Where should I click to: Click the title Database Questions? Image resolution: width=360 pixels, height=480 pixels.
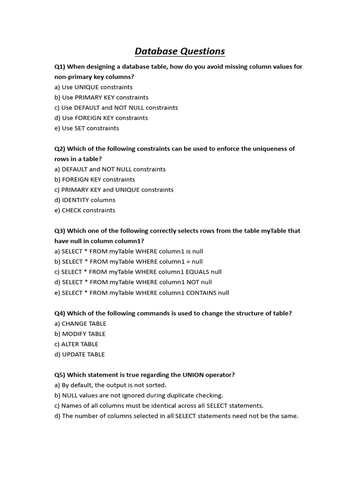pos(180,51)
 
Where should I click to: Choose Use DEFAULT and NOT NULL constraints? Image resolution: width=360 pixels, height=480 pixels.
pos(116,108)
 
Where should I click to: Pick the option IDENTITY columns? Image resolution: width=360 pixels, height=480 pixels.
pos(84,200)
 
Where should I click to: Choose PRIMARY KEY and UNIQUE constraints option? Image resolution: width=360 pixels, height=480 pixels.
pos(114,190)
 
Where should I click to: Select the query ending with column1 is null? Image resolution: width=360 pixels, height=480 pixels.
pos(129,251)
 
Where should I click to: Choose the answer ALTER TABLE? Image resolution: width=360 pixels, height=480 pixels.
pos(80,344)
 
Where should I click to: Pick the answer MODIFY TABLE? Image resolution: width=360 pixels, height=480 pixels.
pos(80,334)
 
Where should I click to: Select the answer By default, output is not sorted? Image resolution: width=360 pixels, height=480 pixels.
pos(110,385)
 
